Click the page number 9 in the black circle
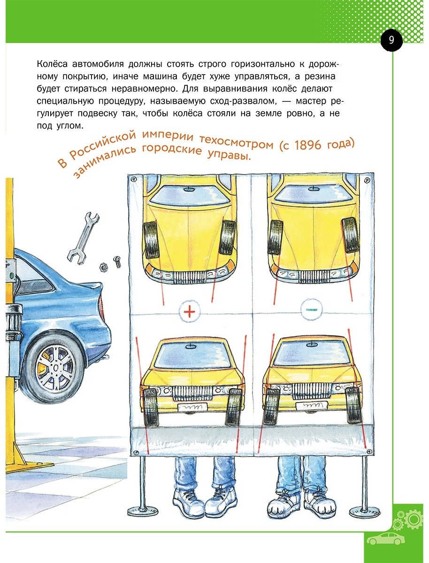391,40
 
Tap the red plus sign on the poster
189,312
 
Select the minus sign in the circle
312,310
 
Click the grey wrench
83,238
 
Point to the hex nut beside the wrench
104,267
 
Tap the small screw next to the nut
117,262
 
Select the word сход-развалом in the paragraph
243,101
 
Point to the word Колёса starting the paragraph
52,64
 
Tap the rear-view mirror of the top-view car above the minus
313,189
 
